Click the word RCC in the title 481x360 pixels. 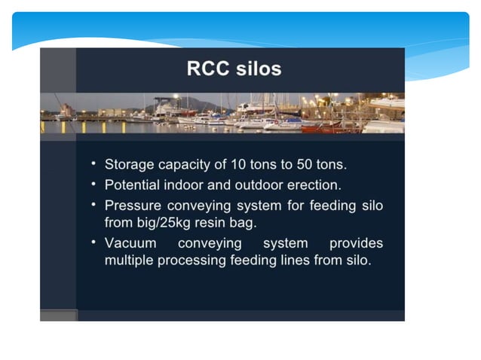pyautogui.click(x=208, y=70)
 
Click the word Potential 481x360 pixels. pyautogui.click(x=132, y=185)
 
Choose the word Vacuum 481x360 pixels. pyautogui.click(x=130, y=243)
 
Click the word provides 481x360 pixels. pyautogui.click(x=356, y=243)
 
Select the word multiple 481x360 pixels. pyautogui.click(x=127, y=262)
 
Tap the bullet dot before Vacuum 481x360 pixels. pyautogui.click(x=93, y=243)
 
